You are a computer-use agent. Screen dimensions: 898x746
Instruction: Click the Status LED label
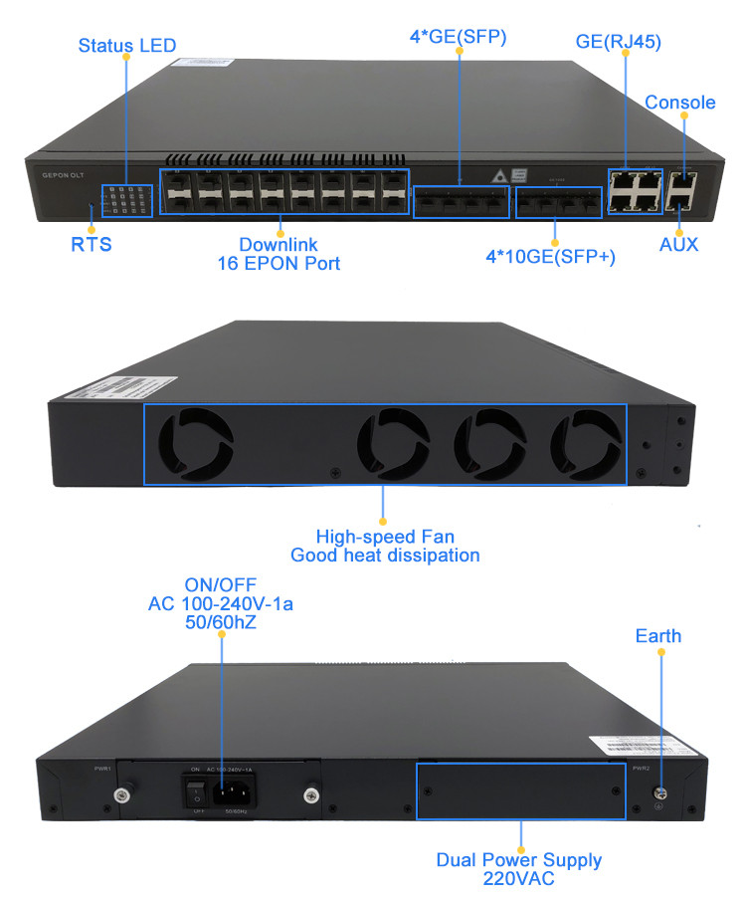(x=126, y=45)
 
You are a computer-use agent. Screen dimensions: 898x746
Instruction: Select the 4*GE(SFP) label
(x=461, y=39)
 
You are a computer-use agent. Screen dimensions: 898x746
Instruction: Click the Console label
(x=680, y=103)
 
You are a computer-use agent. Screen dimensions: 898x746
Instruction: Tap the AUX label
(x=679, y=244)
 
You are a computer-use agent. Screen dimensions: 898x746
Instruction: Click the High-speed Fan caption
(x=384, y=537)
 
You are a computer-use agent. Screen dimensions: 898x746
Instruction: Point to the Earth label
(x=658, y=635)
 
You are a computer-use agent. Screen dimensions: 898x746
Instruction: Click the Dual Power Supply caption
(x=519, y=859)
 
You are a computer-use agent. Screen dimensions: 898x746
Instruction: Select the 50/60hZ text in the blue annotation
(x=220, y=622)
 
